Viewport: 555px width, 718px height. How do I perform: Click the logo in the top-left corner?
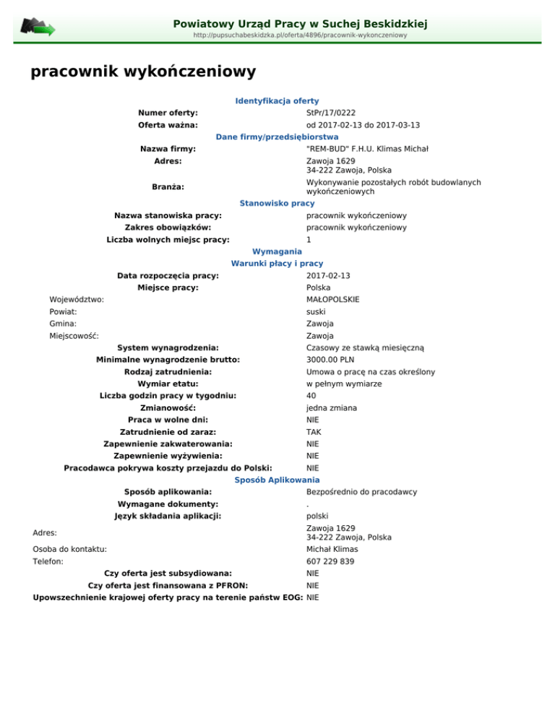point(37,27)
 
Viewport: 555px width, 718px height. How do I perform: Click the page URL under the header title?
point(300,35)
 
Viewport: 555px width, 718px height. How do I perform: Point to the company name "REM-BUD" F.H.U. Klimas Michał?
point(368,149)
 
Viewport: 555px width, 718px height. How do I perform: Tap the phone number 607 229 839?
point(331,561)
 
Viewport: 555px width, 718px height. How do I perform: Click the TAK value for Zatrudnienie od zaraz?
point(313,432)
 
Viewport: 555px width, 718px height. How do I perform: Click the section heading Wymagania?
point(277,251)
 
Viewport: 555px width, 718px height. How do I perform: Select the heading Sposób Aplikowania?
point(277,480)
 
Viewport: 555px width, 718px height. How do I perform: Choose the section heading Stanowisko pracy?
point(277,204)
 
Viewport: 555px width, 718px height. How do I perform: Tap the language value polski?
point(318,516)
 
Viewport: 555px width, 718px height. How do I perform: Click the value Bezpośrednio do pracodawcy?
point(361,492)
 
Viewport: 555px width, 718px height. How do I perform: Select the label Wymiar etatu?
point(168,384)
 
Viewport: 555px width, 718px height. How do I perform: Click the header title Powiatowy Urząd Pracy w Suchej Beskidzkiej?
point(300,24)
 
